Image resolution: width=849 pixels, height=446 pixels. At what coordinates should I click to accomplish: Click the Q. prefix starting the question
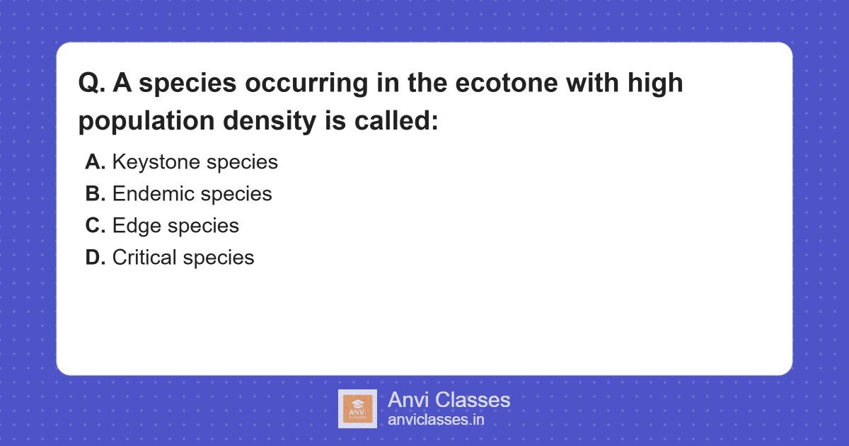91,84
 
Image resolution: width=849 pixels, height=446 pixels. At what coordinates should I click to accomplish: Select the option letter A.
95,162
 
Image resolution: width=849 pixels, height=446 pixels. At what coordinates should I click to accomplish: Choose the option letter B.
95,194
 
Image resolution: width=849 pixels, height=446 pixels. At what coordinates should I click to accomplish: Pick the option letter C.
95,226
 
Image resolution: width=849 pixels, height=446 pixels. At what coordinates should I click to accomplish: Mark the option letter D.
95,258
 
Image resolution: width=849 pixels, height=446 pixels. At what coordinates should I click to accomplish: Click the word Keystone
156,162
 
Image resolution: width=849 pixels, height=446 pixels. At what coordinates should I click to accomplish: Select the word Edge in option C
137,226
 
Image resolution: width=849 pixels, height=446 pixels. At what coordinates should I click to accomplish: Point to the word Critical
144,258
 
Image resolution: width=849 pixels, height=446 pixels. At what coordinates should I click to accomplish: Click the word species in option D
219,258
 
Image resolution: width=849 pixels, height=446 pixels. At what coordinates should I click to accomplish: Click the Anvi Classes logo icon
357,408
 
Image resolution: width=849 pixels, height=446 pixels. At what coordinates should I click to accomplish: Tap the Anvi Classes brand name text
449,400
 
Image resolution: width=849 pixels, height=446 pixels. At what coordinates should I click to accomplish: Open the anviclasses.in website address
436,420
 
